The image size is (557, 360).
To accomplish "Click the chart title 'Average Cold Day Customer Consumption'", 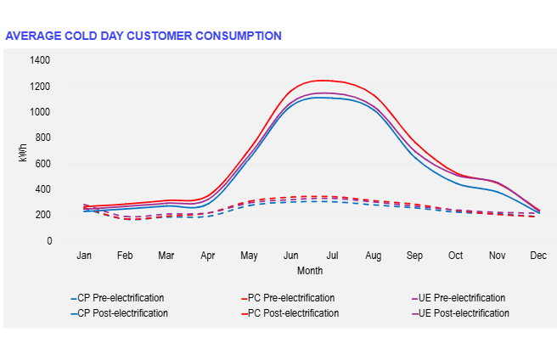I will click(143, 36).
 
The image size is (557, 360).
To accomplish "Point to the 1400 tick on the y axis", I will click(40, 60).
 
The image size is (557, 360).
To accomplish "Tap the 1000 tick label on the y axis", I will click(40, 112).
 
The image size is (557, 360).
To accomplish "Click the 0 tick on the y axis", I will click(48, 241).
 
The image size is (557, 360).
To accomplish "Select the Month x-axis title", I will click(309, 271).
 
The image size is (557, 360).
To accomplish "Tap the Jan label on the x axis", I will click(84, 256).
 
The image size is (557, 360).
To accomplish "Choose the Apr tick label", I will click(207, 256).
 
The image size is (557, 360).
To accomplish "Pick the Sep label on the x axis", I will click(414, 256).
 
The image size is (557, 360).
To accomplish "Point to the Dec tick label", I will click(537, 256).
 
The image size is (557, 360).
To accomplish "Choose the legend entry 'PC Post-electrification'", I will click(293, 313).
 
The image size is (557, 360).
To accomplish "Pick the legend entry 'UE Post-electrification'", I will click(464, 313).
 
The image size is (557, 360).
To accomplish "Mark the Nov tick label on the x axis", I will click(498, 256).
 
